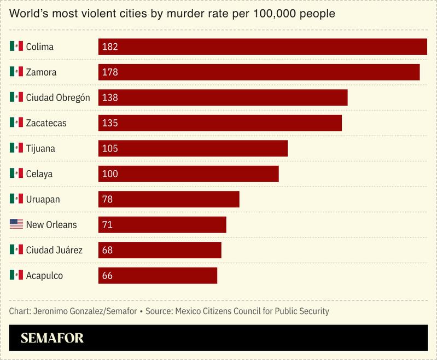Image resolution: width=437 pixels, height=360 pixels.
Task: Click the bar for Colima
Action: tap(263, 47)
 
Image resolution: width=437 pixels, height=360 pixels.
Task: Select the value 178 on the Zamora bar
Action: tap(110, 72)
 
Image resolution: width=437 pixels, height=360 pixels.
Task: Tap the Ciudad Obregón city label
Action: tap(58, 97)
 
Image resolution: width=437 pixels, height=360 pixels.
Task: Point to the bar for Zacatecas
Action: tap(220, 123)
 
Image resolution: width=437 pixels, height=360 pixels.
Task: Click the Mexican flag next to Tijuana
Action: tap(16, 148)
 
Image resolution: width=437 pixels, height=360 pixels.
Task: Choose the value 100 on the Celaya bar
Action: tap(110, 174)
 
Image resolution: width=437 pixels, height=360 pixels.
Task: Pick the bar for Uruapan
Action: tap(168, 199)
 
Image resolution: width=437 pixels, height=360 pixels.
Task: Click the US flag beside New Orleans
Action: tap(16, 224)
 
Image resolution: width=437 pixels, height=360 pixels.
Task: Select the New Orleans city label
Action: tap(51, 225)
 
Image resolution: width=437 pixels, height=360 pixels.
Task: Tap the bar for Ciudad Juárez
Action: tap(160, 250)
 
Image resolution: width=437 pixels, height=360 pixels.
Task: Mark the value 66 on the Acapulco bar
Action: tap(107, 276)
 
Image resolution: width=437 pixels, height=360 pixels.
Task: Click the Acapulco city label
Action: tap(44, 276)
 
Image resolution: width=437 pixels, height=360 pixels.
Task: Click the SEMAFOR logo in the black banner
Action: tap(52, 338)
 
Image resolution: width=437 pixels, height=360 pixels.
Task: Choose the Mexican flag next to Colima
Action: tap(16, 47)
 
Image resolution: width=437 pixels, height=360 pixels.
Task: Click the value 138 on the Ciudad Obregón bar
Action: tap(110, 97)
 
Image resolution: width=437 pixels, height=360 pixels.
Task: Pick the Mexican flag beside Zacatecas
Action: tap(16, 123)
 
